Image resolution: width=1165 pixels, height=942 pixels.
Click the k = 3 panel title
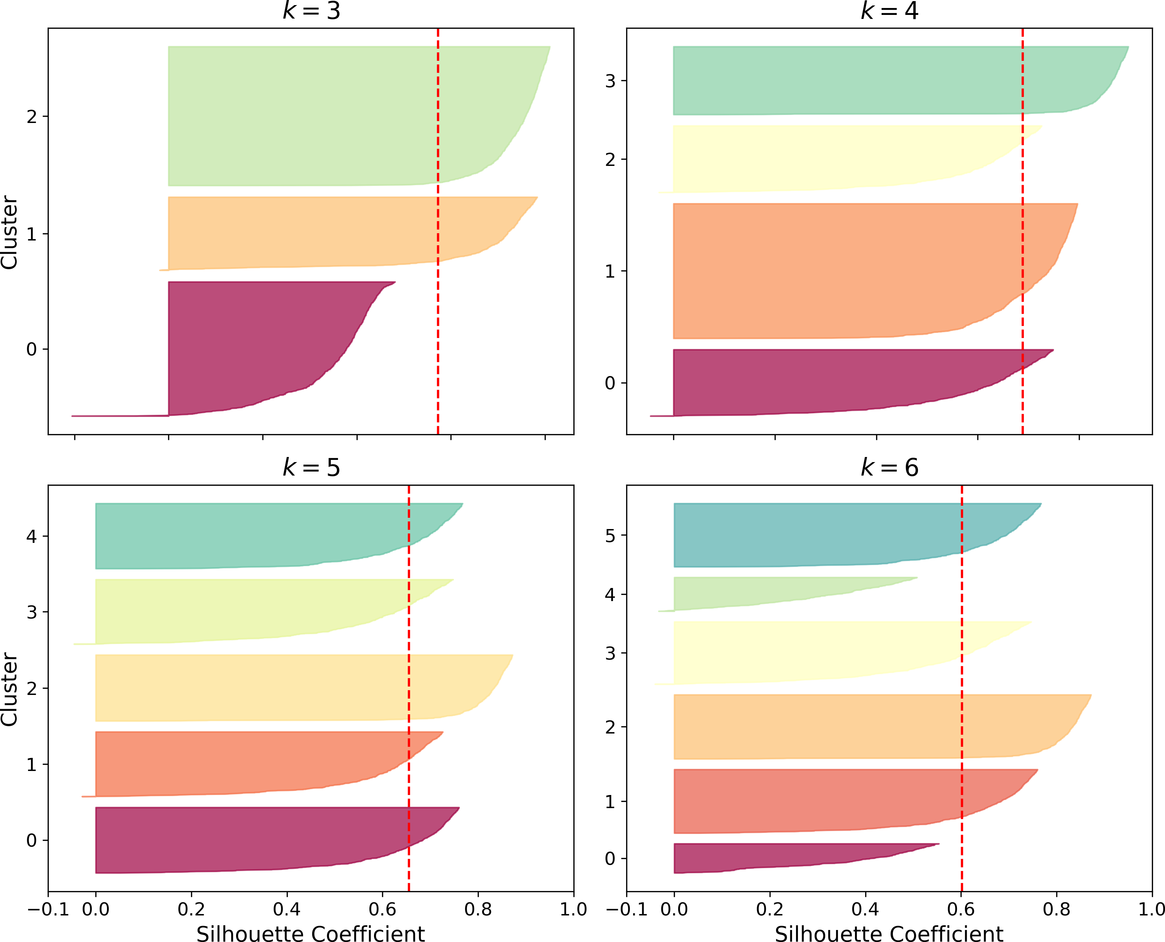(311, 11)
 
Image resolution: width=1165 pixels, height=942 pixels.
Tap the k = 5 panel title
(311, 468)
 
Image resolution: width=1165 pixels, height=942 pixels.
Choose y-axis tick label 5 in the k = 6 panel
(611, 536)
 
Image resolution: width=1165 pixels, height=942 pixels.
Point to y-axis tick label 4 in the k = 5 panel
(32, 536)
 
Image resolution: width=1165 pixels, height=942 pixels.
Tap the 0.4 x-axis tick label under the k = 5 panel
(287, 909)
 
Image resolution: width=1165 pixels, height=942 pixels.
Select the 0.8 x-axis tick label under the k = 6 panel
(1057, 909)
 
